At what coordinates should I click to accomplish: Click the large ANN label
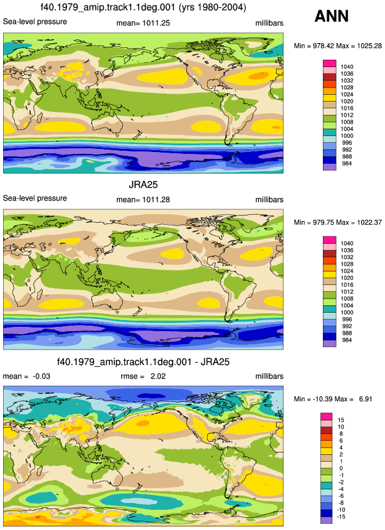click(x=331, y=16)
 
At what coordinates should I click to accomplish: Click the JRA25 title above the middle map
click(x=143, y=185)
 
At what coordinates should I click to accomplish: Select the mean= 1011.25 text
click(x=143, y=23)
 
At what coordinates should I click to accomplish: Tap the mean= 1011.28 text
click(x=143, y=200)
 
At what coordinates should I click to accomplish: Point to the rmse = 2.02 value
click(x=143, y=376)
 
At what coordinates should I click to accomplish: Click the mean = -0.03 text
click(x=26, y=376)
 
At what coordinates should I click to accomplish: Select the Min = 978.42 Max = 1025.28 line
click(x=338, y=46)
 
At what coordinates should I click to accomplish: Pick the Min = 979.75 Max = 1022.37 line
click(x=338, y=222)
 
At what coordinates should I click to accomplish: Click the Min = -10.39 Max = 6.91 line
click(x=333, y=399)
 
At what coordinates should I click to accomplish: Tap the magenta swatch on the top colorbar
click(x=330, y=63)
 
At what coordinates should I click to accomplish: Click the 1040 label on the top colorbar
click(x=347, y=67)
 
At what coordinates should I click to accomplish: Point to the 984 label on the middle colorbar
click(x=347, y=340)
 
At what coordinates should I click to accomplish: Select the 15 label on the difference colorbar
click(x=341, y=420)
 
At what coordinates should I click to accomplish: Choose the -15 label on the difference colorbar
click(x=342, y=516)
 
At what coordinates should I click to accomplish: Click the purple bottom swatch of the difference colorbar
click(x=327, y=520)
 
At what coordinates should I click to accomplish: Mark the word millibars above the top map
click(x=269, y=23)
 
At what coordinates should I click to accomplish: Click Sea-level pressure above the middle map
click(x=35, y=198)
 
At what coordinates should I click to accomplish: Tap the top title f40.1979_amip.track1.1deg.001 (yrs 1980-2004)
click(x=143, y=7)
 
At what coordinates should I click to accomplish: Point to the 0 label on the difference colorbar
click(x=341, y=468)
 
